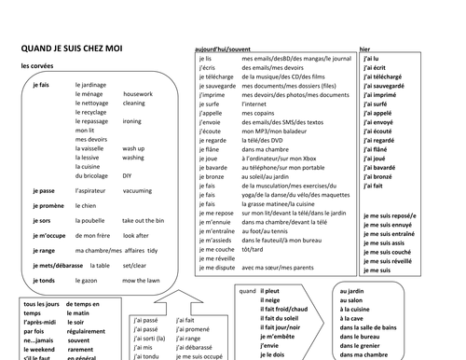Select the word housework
click(x=137, y=94)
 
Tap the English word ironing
click(x=132, y=121)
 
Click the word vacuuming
click(x=137, y=190)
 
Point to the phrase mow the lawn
click(x=141, y=280)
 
